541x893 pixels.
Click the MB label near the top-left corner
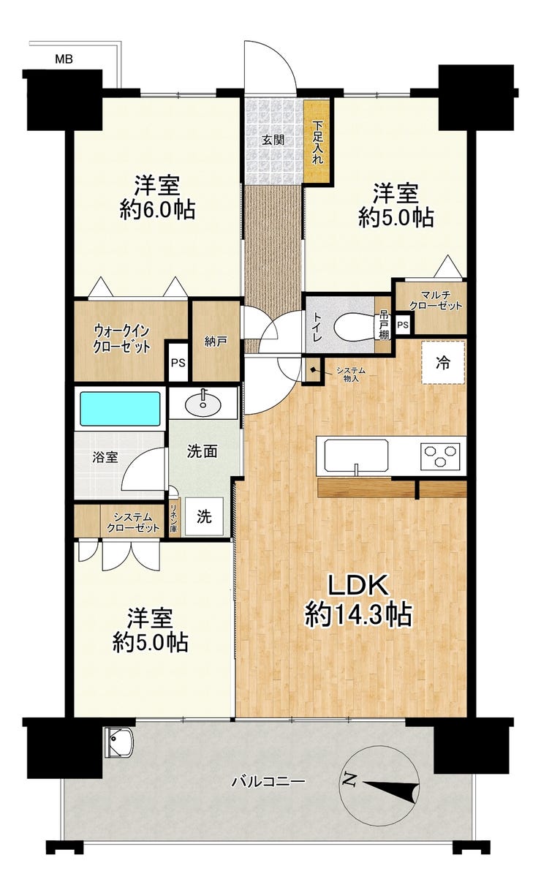click(64, 60)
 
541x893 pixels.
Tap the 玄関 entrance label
click(273, 140)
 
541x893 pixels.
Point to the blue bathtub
click(121, 409)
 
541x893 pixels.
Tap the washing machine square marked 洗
click(204, 517)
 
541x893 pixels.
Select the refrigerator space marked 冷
click(443, 363)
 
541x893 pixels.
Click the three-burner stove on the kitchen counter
click(440, 455)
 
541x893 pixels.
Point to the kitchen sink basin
click(356, 455)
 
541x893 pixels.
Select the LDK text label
click(357, 586)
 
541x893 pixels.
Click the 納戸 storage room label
click(216, 342)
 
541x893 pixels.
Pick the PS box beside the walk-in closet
click(178, 363)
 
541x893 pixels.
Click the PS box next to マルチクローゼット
click(403, 325)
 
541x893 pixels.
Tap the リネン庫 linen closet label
click(174, 519)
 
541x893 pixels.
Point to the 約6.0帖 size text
click(158, 209)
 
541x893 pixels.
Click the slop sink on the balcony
click(119, 742)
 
